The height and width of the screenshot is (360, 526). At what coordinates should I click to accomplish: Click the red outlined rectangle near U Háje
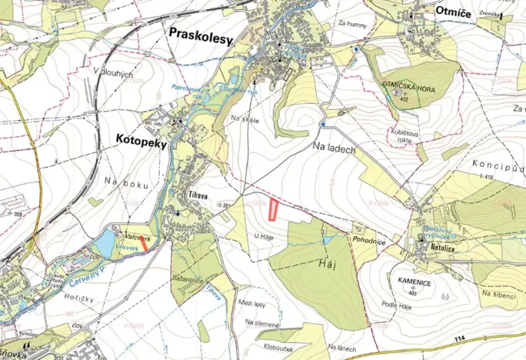tap(274, 211)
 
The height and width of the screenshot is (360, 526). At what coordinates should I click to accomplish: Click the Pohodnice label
tap(368, 240)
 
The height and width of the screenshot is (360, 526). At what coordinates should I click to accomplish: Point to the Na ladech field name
tap(334, 148)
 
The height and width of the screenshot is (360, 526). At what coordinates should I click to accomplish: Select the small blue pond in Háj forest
tap(328, 240)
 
